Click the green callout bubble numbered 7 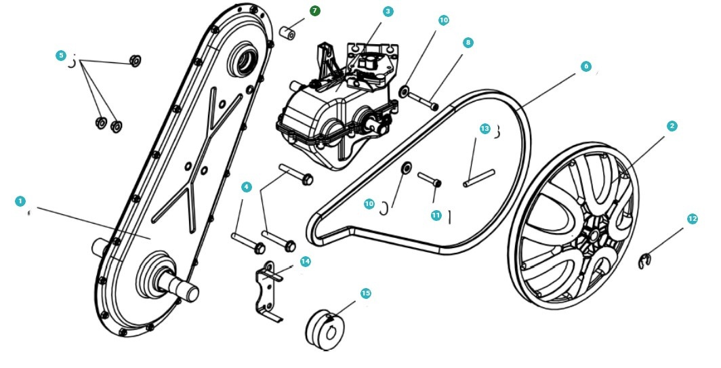pyautogui.click(x=315, y=12)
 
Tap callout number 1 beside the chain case pyautogui.click(x=20, y=201)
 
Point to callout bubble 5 pyautogui.click(x=61, y=56)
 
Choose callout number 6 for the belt pyautogui.click(x=586, y=66)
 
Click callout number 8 pyautogui.click(x=468, y=43)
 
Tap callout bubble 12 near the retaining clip pyautogui.click(x=692, y=219)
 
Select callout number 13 pyautogui.click(x=484, y=128)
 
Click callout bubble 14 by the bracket pyautogui.click(x=305, y=261)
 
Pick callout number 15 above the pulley pyautogui.click(x=365, y=293)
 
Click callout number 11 pyautogui.click(x=436, y=215)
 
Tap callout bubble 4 pyautogui.click(x=247, y=186)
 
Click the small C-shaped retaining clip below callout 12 pyautogui.click(x=646, y=261)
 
